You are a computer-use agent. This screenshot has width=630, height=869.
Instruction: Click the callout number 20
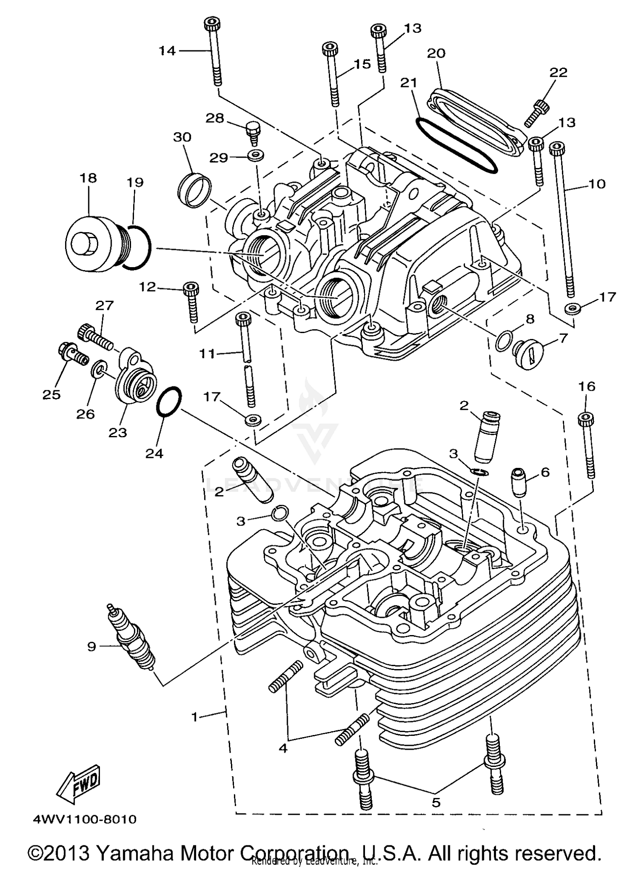click(436, 53)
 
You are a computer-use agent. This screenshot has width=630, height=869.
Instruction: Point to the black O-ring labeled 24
click(169, 402)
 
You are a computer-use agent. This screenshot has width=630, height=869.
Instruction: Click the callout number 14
click(167, 51)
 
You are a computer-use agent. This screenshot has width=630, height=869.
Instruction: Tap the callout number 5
click(436, 803)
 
